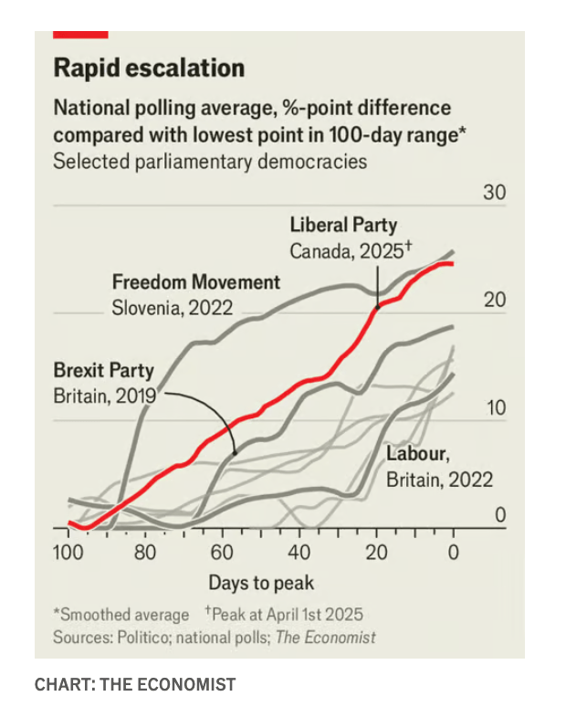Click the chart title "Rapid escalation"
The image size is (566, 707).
pyautogui.click(x=149, y=69)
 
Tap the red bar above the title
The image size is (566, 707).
pyautogui.click(x=80, y=34)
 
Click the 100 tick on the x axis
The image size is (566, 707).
pyautogui.click(x=68, y=553)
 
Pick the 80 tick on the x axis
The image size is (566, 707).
pyautogui.click(x=145, y=553)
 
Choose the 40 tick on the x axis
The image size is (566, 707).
pyautogui.click(x=299, y=553)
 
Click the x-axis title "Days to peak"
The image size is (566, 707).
pyautogui.click(x=261, y=583)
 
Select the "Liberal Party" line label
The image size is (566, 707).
pyautogui.click(x=343, y=225)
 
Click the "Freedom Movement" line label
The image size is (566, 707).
pyautogui.click(x=196, y=281)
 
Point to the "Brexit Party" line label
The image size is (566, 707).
pyautogui.click(x=103, y=371)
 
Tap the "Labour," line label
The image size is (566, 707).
pyautogui.click(x=417, y=453)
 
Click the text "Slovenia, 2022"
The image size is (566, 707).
pyautogui.click(x=172, y=308)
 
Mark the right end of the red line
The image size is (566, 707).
pyautogui.click(x=453, y=264)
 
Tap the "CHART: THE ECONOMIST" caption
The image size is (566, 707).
pyautogui.click(x=135, y=683)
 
